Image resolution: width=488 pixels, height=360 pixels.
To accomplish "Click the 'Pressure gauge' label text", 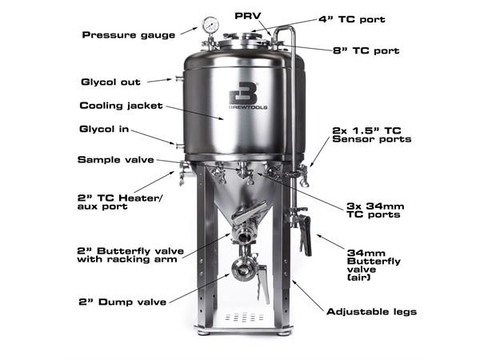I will pos(129,35).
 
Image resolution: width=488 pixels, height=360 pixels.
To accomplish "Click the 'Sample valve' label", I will pos(116,159).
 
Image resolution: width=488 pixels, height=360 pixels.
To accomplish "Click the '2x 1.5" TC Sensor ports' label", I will pos(371,134).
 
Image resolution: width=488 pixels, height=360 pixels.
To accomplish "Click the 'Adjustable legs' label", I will pos(371,311).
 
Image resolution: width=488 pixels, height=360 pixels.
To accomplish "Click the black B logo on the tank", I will pos(242,94).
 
